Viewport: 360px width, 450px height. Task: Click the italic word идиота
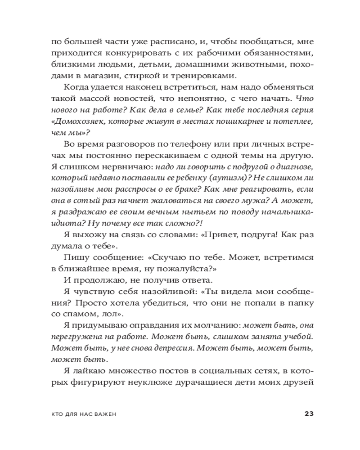pos(63,224)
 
